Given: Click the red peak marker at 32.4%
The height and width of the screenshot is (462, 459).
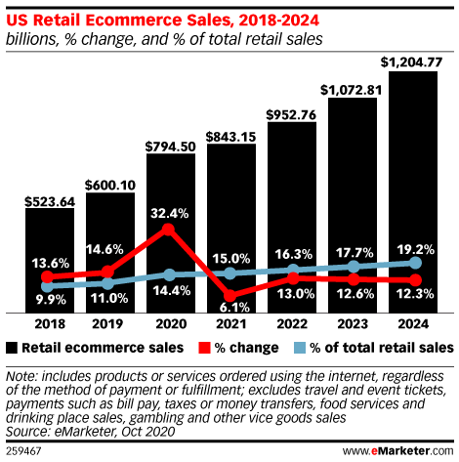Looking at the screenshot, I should (169, 230).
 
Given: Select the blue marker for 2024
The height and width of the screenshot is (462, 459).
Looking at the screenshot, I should (414, 263).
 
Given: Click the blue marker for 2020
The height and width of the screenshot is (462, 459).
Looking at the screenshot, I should (169, 275).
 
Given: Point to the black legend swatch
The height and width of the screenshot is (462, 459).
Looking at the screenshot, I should (12, 348).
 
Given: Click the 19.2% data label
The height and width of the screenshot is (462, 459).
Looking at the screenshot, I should (415, 247).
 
